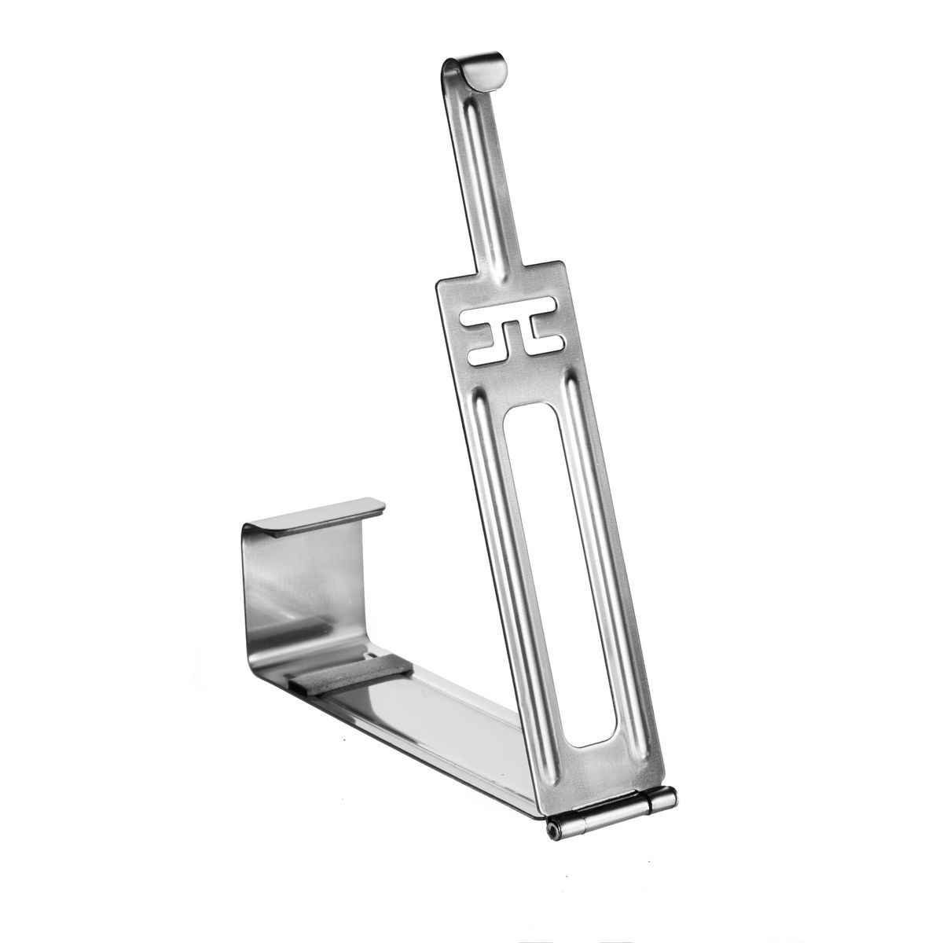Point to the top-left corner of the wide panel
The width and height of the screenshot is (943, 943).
pos(442,287)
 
